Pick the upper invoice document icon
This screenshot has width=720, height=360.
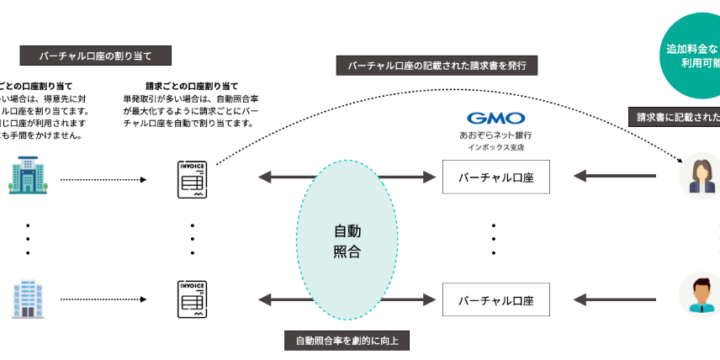coord(192,180)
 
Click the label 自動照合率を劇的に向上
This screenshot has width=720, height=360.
coord(346,341)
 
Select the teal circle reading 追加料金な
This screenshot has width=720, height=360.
coord(690,55)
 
